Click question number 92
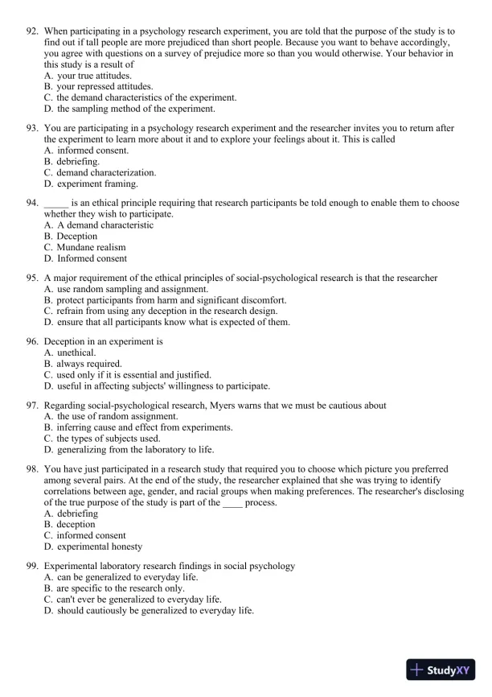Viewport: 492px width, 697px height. pyautogui.click(x=33, y=30)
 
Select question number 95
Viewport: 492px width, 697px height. pyautogui.click(x=33, y=278)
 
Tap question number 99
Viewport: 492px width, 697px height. pyautogui.click(x=33, y=566)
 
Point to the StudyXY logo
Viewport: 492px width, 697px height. pyautogui.click(x=441, y=669)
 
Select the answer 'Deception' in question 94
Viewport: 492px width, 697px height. pyautogui.click(x=76, y=236)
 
